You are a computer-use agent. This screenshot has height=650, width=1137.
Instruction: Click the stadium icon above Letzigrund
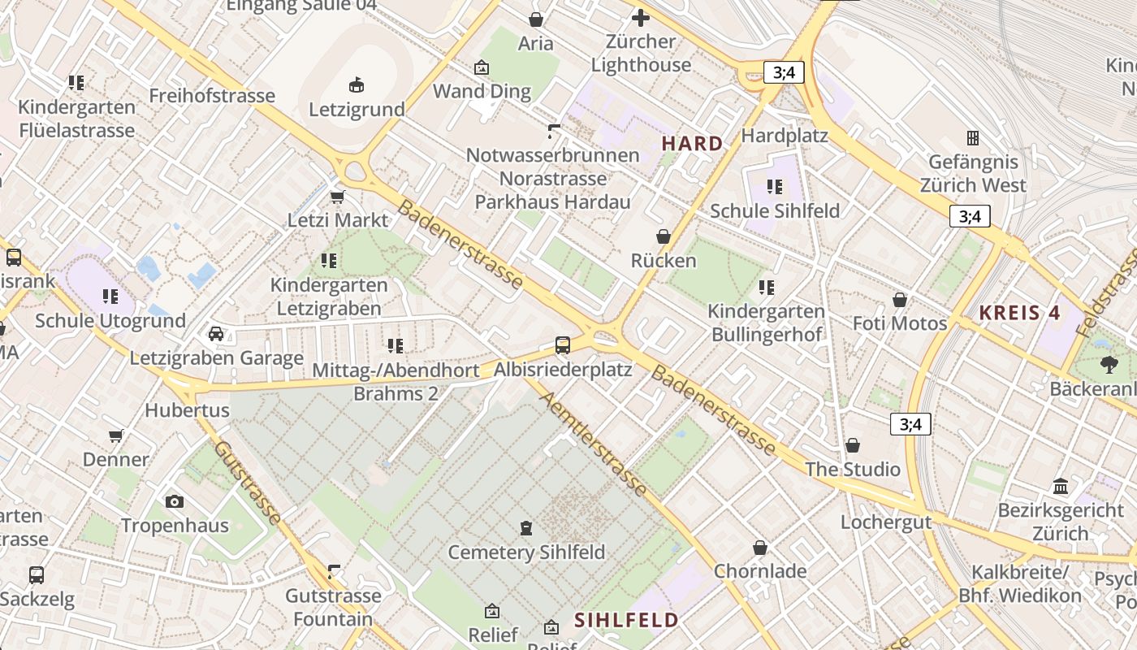[x=356, y=84]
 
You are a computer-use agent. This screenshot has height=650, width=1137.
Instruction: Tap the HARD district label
[x=692, y=144]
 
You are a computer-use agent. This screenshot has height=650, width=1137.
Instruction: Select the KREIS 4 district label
[x=1020, y=312]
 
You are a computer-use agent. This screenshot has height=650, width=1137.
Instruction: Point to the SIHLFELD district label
[x=626, y=620]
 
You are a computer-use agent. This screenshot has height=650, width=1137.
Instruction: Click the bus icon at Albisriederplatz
[x=563, y=345]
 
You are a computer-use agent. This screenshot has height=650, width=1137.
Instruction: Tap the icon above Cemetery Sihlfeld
[x=526, y=528]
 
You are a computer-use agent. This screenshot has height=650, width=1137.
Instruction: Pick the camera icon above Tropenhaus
[x=175, y=501]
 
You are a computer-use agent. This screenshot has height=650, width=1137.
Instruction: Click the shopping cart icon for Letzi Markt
[x=338, y=197]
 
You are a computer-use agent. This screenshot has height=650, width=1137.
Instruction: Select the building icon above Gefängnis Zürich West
[x=972, y=137]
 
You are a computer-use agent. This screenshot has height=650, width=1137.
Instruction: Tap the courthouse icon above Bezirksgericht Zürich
[x=1061, y=486]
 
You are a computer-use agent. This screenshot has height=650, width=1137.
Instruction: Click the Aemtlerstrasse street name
[x=595, y=444]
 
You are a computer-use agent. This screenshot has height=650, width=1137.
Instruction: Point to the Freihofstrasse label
[x=212, y=96]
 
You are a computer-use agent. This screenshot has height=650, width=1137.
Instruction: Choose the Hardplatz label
[x=785, y=135]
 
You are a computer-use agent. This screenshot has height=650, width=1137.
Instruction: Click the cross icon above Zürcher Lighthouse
[x=641, y=17]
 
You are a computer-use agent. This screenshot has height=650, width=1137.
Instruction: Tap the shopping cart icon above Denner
[x=116, y=435]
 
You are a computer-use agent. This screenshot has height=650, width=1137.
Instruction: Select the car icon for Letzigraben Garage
[x=216, y=333]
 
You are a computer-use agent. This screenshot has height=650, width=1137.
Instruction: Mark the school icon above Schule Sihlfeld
[x=775, y=187]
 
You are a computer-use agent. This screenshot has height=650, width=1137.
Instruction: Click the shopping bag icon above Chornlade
[x=760, y=548]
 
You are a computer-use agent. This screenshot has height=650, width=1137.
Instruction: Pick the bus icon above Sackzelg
[x=37, y=575]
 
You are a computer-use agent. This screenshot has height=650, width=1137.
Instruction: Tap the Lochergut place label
[x=886, y=522]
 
